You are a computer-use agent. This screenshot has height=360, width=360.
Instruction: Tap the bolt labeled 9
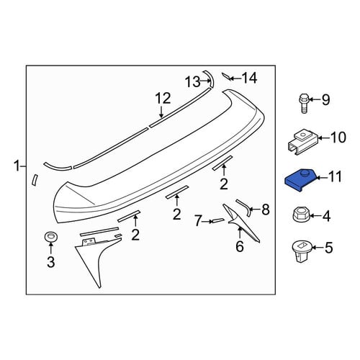coord(304,103)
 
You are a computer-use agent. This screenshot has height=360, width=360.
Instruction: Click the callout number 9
coord(325,99)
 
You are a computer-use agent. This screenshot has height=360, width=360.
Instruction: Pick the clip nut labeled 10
coord(303,143)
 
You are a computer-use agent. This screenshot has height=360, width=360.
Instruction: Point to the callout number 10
coord(338,138)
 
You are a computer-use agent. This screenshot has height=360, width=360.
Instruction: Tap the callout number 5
coord(329,248)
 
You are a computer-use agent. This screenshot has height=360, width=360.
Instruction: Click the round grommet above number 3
coord(50,237)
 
